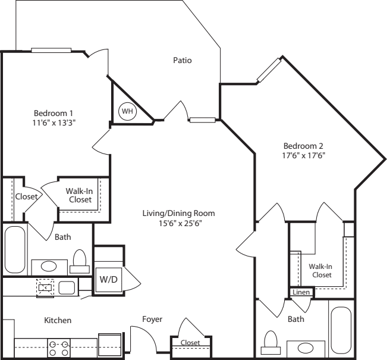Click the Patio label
(x=182, y=60)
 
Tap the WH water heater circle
(x=127, y=111)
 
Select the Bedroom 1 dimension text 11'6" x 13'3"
(x=54, y=123)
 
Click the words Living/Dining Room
(x=178, y=213)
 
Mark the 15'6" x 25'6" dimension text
(x=178, y=223)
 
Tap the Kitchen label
(x=58, y=321)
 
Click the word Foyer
(x=152, y=320)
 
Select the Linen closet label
(x=301, y=293)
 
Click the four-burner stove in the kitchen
(x=58, y=348)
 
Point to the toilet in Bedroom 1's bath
(x=80, y=261)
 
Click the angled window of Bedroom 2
(x=269, y=71)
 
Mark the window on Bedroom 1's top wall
(x=51, y=50)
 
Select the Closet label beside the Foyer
(x=190, y=343)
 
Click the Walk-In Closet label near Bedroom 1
(x=78, y=195)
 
